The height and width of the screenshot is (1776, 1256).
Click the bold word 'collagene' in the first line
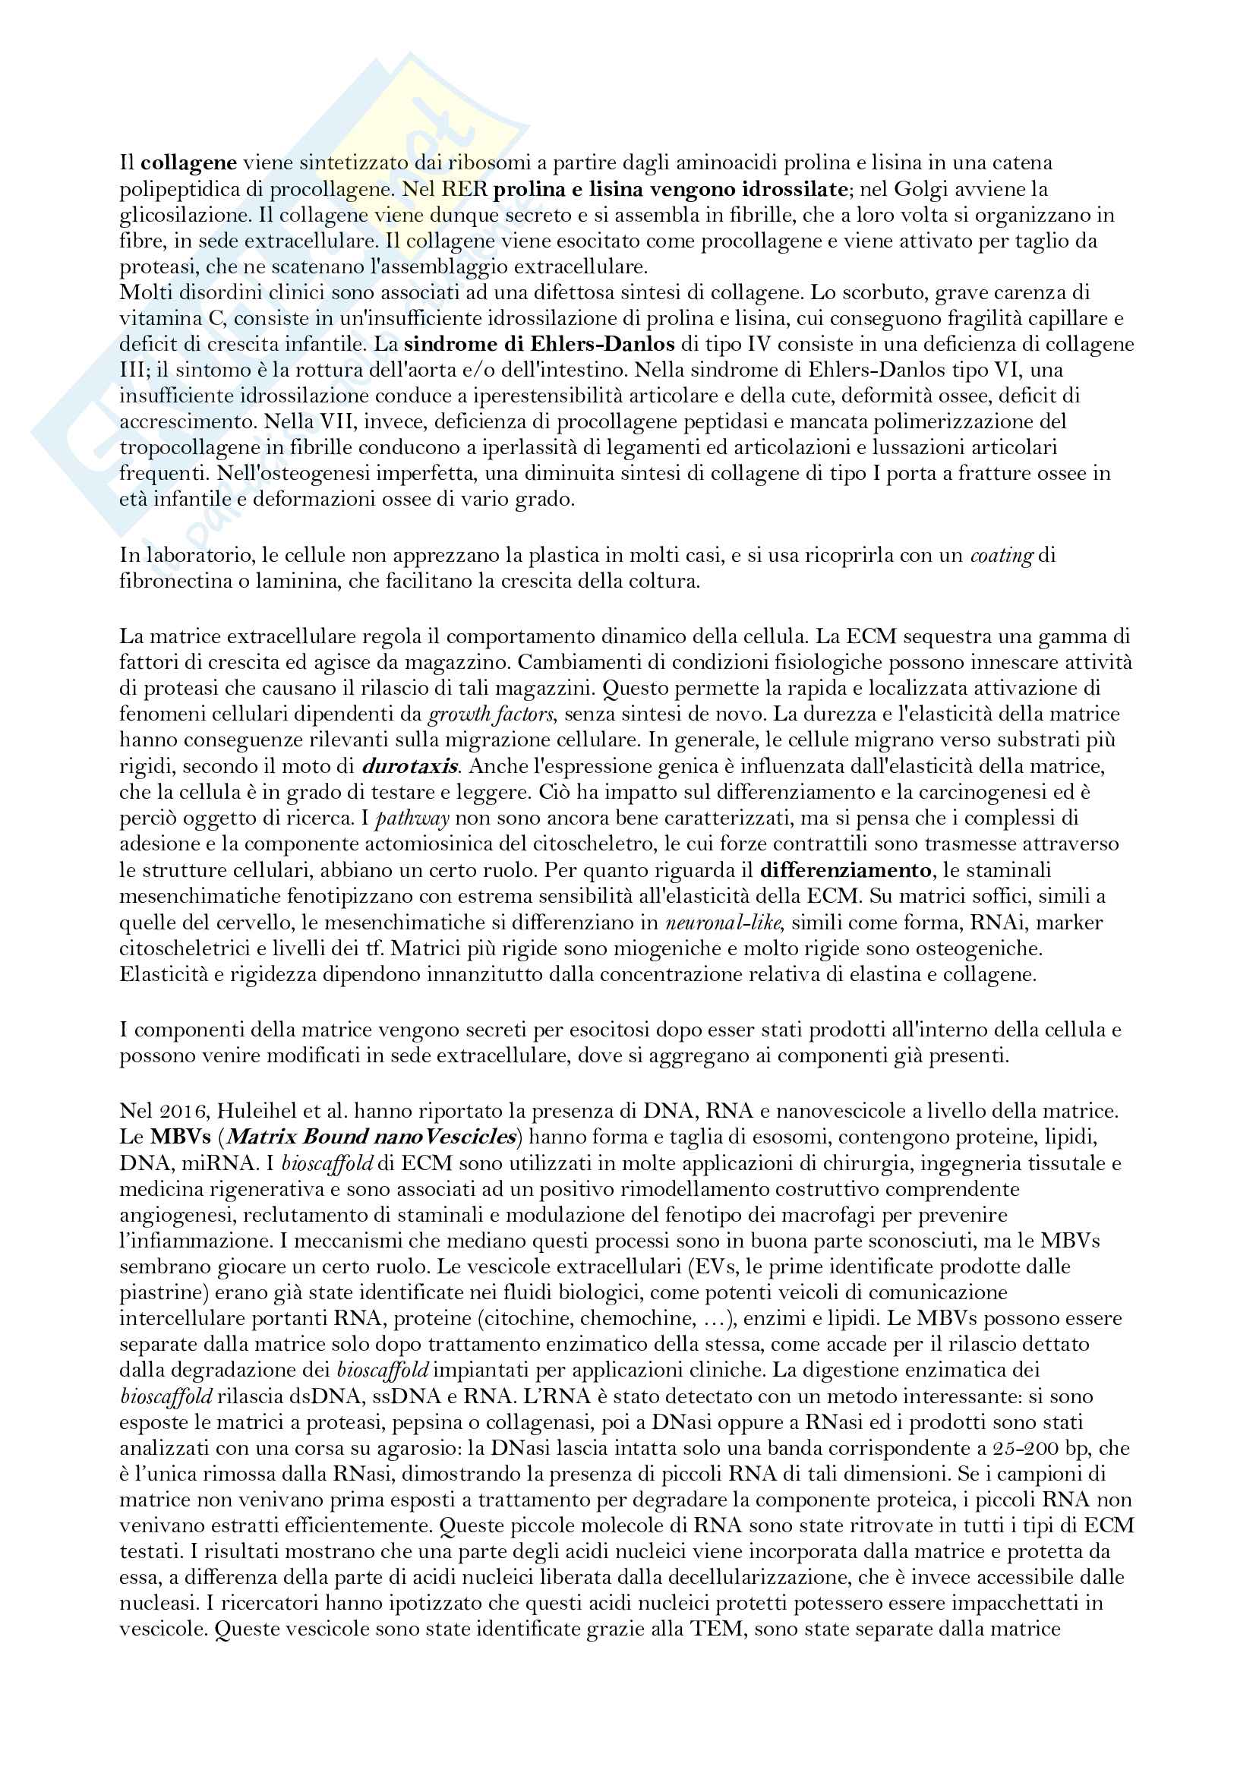(x=189, y=163)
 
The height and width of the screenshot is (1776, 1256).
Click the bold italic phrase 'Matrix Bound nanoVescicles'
(x=372, y=1137)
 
